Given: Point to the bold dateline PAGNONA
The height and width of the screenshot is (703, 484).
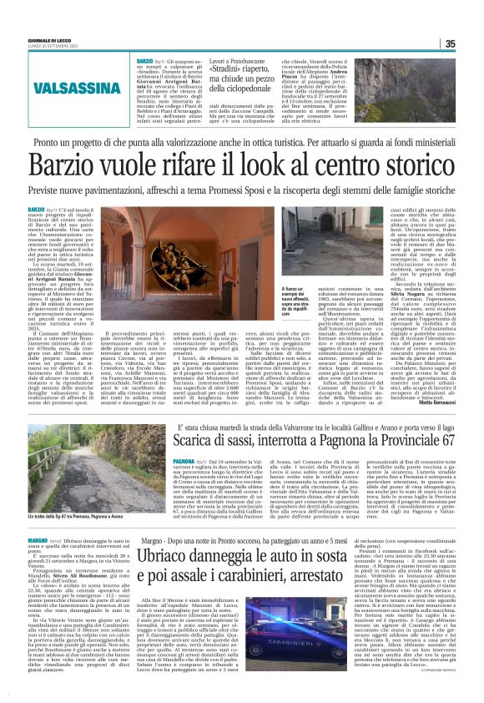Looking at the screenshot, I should point(183,460).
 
